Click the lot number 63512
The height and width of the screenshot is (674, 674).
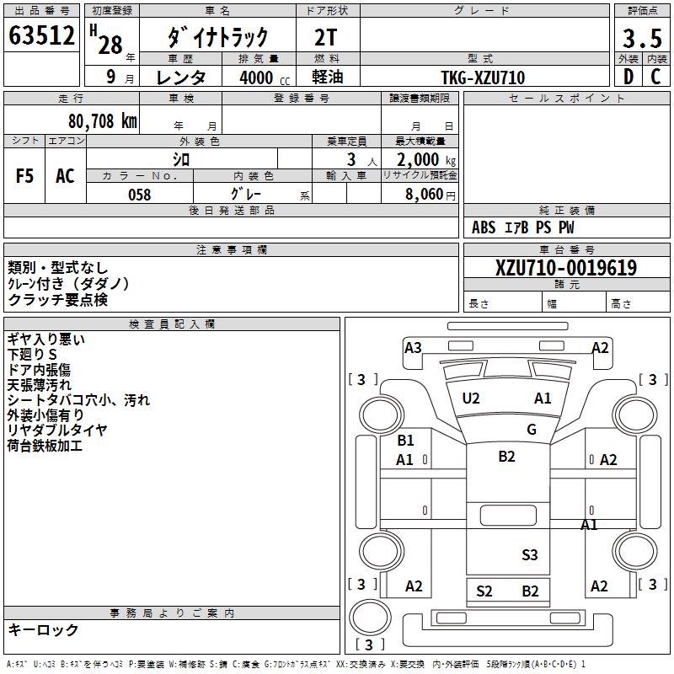coord(41,36)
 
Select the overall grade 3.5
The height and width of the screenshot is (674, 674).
coord(640,39)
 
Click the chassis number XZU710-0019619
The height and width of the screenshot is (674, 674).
coord(566,268)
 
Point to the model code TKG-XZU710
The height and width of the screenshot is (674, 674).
coord(483,77)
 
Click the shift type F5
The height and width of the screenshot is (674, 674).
coord(25,176)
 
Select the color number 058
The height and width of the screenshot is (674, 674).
coord(139,195)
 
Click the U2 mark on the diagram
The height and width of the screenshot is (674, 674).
coord(471,399)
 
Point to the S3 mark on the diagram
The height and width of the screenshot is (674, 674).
coord(529,554)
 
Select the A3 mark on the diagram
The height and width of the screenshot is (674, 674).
coord(413,347)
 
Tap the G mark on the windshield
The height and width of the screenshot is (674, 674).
coord(532,430)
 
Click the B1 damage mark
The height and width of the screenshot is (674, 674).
coord(405,441)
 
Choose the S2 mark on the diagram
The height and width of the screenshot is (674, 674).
coord(484,591)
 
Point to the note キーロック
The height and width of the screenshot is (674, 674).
coord(44,629)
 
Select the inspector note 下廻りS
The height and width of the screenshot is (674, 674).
coord(32,355)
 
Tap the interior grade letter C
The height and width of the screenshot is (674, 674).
coord(655,77)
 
